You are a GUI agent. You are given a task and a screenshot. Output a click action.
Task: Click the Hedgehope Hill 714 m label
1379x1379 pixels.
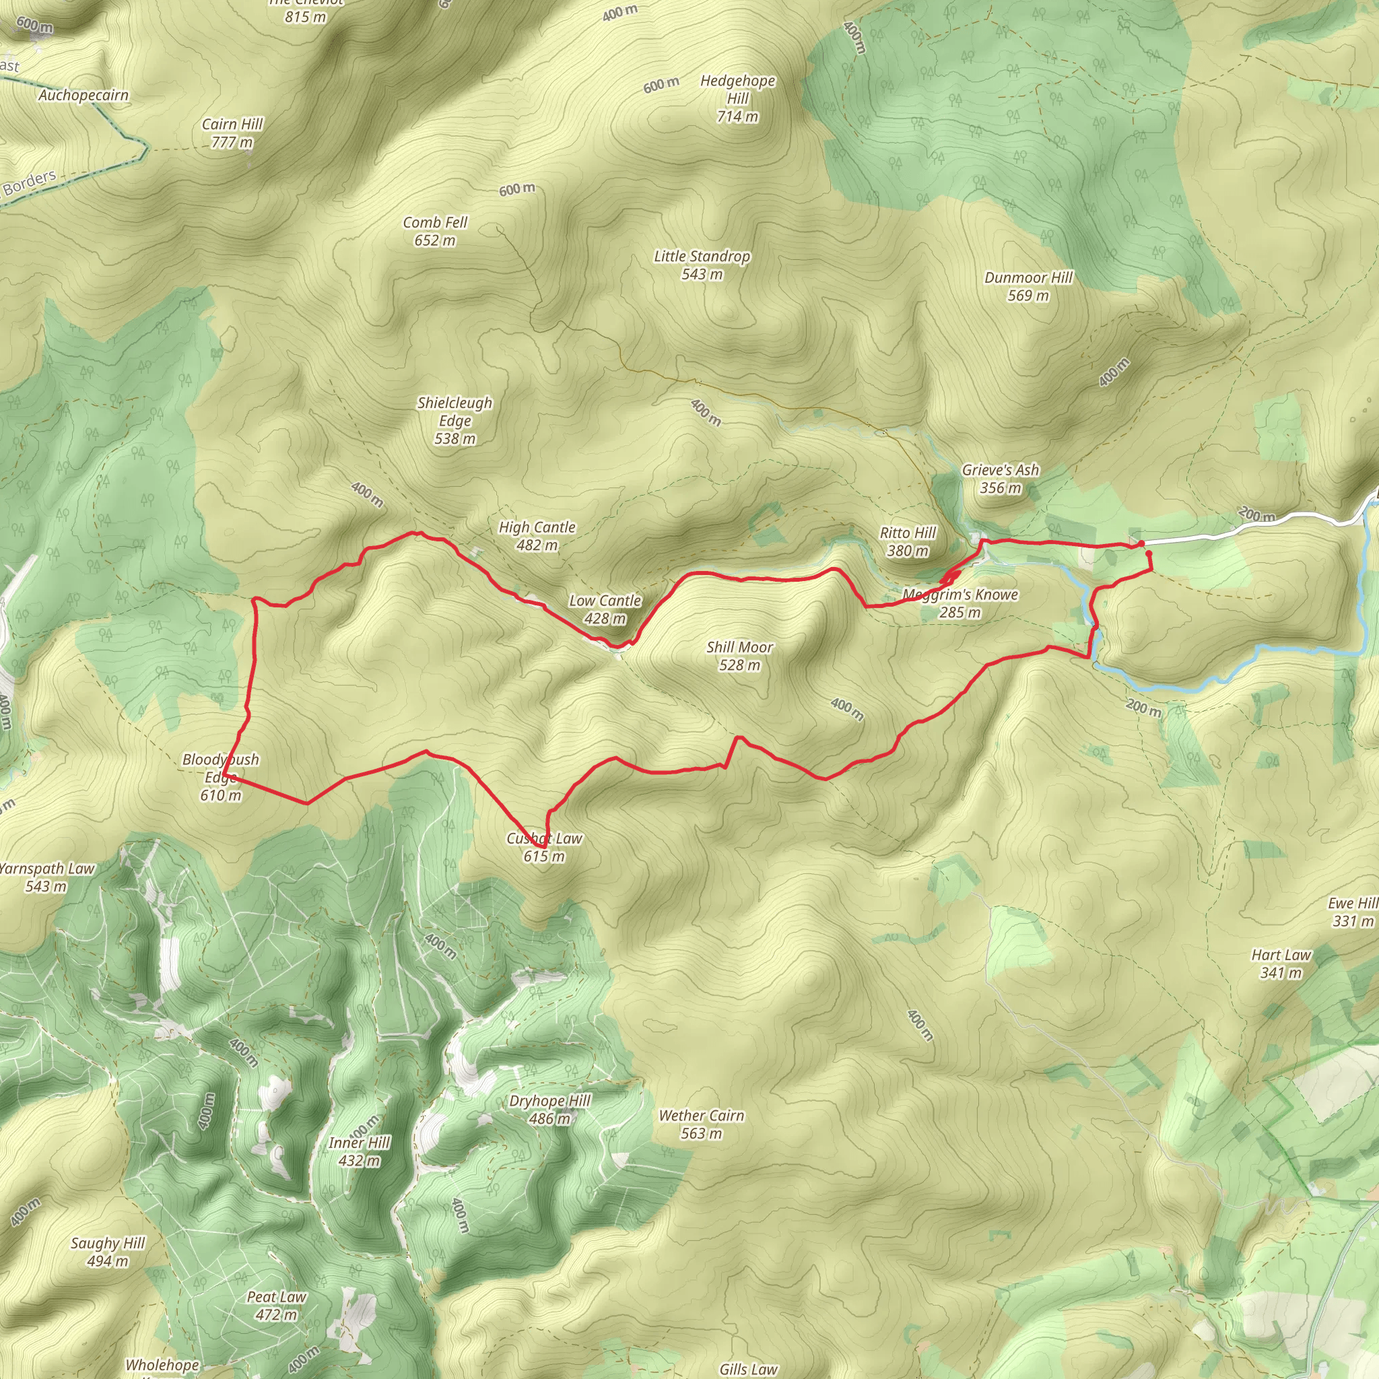click(x=737, y=98)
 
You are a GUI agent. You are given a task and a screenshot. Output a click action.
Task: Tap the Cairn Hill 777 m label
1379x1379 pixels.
click(x=232, y=133)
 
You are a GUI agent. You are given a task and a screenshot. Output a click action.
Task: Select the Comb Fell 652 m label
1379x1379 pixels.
click(x=435, y=231)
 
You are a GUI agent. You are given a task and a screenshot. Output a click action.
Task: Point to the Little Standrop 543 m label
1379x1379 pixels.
click(x=702, y=265)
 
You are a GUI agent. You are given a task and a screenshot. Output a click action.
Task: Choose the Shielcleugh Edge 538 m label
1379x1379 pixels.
click(x=455, y=420)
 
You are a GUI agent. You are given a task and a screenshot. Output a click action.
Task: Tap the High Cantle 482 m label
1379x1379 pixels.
click(x=537, y=536)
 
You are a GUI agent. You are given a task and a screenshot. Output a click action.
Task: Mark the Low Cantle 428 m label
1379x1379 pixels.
click(x=605, y=609)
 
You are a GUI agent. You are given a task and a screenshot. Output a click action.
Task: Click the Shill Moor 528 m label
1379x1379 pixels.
click(x=739, y=656)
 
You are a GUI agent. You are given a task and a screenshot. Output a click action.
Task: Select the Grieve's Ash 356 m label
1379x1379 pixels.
click(x=1000, y=479)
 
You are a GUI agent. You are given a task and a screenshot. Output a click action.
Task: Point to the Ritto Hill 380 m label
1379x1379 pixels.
click(x=907, y=542)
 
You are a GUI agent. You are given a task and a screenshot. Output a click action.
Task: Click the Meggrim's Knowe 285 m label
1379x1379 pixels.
click(x=960, y=603)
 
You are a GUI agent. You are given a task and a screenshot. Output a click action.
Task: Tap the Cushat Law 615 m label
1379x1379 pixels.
click(x=544, y=847)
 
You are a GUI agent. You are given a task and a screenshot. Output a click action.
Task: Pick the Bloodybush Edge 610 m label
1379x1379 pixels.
click(x=221, y=777)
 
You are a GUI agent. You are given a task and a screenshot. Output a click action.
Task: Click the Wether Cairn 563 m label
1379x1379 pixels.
click(x=701, y=1124)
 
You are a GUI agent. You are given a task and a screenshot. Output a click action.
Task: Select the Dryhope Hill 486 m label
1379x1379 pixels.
click(x=549, y=1109)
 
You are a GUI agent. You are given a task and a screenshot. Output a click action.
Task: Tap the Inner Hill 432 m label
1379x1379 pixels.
click(x=359, y=1151)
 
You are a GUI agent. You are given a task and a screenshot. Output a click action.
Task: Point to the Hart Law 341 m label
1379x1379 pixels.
click(x=1281, y=964)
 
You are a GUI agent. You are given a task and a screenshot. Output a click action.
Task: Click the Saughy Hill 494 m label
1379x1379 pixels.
click(x=108, y=1252)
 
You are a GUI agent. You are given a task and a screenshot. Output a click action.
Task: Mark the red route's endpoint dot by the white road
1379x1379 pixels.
click(x=1141, y=544)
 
